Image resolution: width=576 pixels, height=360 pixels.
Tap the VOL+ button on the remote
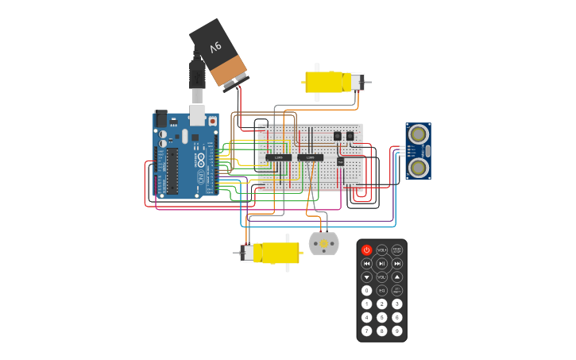(x=382, y=250)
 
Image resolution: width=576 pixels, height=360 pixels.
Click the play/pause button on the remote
(x=382, y=263)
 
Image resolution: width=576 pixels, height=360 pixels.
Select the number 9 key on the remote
(x=396, y=331)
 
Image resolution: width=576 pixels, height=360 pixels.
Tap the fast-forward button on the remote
(x=396, y=263)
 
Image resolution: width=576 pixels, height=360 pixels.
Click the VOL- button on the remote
(x=382, y=277)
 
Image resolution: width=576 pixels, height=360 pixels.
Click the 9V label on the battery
(x=215, y=48)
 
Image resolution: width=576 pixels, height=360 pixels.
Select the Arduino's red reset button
(x=212, y=121)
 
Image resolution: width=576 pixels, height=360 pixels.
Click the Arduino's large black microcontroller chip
(x=171, y=172)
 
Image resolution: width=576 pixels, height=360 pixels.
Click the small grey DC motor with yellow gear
(x=323, y=242)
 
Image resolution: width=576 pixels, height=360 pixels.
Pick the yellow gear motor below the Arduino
(x=271, y=253)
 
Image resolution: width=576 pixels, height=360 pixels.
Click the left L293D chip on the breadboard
(x=279, y=157)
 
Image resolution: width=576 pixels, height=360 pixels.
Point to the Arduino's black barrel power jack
(x=161, y=118)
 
